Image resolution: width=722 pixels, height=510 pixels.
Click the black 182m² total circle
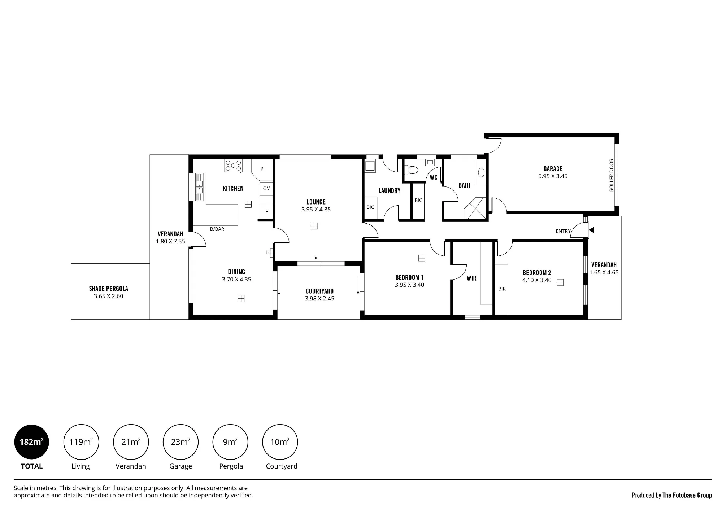point(32,442)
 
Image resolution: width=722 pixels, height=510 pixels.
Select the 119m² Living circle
point(81,442)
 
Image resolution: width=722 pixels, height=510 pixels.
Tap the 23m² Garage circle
point(180,442)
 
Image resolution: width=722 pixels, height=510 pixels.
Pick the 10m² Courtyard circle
point(280,442)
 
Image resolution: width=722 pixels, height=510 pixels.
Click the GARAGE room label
point(553,169)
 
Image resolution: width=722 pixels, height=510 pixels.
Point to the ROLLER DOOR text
point(611,175)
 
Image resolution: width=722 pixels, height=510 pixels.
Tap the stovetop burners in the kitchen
point(233,166)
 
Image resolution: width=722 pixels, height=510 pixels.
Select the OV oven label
point(266,188)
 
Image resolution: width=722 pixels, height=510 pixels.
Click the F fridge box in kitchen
point(266,211)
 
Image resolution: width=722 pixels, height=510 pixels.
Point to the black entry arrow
point(591,230)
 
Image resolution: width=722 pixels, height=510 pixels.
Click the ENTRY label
point(563,231)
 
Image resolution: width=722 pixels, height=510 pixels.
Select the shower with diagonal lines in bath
point(475,208)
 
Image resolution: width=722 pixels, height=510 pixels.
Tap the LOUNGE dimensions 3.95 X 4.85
point(316,210)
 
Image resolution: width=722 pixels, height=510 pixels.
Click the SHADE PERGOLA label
point(108,289)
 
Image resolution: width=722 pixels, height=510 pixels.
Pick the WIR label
point(471,278)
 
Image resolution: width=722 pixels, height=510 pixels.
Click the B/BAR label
point(217,229)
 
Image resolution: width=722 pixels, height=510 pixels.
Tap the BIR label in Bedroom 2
point(502,289)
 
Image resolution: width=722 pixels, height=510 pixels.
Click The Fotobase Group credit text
point(687,495)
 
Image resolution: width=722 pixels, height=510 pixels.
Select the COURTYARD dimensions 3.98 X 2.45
point(319,299)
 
